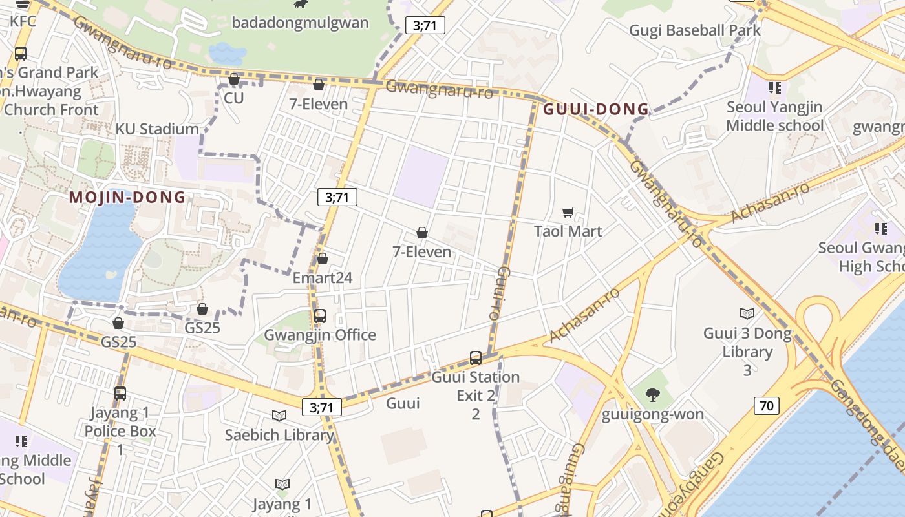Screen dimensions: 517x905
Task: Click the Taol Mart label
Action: point(568,231)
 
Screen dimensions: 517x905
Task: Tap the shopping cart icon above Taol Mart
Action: point(568,212)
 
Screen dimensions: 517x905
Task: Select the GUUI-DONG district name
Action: point(595,109)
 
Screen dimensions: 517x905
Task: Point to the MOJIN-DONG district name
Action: point(127,197)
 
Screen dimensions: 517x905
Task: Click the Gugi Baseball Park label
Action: point(695,30)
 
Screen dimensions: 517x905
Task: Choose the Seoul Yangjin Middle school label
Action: point(774,116)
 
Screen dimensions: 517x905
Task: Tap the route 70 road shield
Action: point(766,406)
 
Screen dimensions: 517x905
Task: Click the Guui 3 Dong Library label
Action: point(747,343)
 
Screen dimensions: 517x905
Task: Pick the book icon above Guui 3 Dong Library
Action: point(747,314)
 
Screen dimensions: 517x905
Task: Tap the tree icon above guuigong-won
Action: point(653,394)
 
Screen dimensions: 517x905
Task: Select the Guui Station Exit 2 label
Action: point(476,386)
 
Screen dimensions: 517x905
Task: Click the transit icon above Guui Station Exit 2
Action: point(476,357)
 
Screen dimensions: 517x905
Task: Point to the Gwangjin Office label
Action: point(320,335)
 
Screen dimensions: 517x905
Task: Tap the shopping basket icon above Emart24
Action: point(323,259)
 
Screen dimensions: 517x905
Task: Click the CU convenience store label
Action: point(233,98)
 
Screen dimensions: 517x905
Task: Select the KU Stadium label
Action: point(157,129)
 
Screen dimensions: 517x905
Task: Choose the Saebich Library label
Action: point(279,435)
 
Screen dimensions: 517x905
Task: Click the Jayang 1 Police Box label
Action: point(120,422)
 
